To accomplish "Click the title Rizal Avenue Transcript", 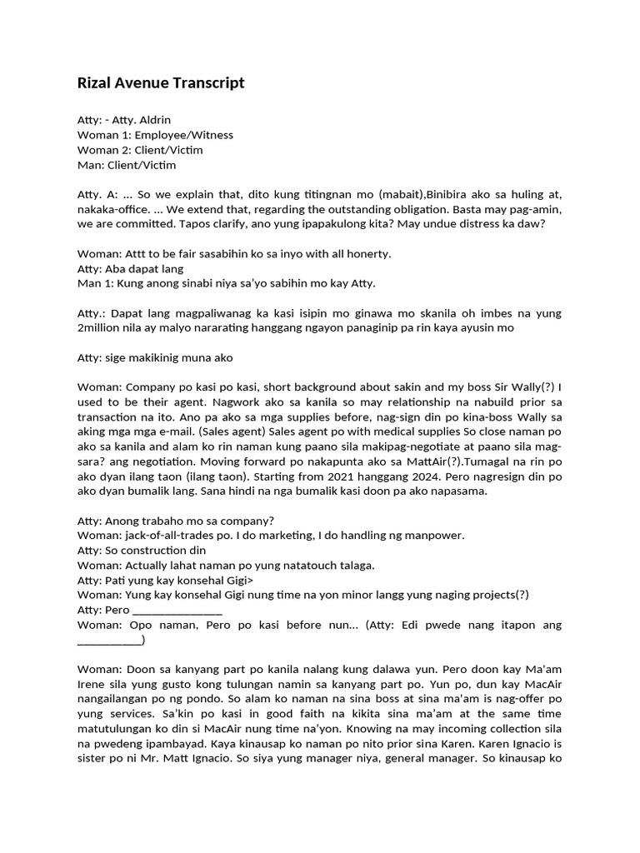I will point(161,82).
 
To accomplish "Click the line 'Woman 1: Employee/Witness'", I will point(155,135).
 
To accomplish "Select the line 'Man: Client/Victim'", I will point(127,165).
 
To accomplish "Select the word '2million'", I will point(101,328).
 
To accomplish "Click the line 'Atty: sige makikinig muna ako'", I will point(155,358).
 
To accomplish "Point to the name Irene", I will point(96,685).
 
